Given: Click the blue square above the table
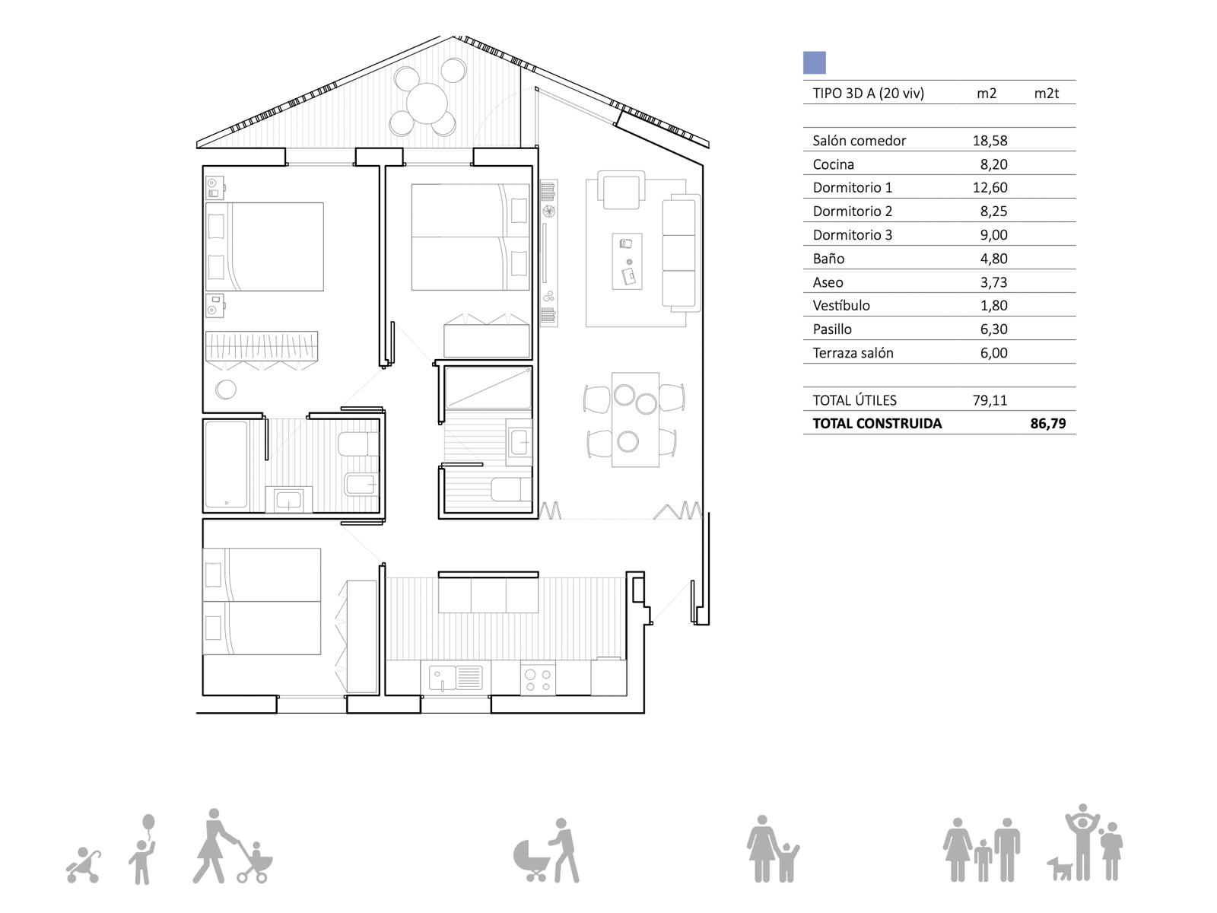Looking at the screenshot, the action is pos(814,62).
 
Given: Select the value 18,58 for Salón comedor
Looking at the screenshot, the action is pos(990,141).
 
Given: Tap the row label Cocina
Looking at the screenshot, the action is pos(834,164).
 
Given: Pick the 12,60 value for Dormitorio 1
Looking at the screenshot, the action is pos(990,188).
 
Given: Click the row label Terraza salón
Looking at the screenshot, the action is pos(853,353).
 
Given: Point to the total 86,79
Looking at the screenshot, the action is pos(1048,424).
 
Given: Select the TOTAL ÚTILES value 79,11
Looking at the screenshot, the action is pos(990,400).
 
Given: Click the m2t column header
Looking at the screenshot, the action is pos(1046,93).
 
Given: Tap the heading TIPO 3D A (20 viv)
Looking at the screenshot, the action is pos(869,93).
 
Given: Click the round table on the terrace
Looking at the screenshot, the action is pos(427,103).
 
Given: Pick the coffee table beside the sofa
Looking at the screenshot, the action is pos(627,261).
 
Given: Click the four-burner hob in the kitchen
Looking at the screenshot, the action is pos(538,680).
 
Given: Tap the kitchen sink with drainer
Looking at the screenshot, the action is pos(455,677).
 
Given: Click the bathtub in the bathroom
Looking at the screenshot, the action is pos(226,465).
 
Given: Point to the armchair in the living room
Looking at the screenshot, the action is pos(621,189).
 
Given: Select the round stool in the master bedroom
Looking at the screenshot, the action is pos(226,389).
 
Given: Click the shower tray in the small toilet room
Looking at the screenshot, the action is pos(488,388).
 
